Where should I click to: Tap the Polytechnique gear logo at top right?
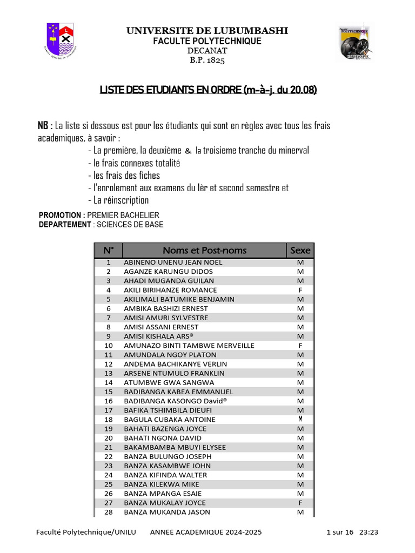353,42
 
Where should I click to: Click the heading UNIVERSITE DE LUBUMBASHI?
207,31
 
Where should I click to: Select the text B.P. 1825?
207,60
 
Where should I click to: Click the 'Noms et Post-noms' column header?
204,251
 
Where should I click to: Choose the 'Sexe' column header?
300,251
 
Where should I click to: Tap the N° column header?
109,251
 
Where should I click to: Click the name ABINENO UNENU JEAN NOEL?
173,262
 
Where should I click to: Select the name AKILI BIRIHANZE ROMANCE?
167,290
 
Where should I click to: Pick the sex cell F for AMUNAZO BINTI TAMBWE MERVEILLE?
300,346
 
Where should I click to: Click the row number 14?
109,382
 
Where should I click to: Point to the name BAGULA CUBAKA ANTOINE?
170,420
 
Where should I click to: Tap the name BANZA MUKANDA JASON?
167,512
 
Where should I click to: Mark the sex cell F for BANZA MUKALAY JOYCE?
300,503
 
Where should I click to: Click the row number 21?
109,447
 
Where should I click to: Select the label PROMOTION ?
62,215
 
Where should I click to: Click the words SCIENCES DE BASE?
130,225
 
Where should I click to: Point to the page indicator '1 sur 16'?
340,532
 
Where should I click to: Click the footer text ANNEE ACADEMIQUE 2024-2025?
206,532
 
